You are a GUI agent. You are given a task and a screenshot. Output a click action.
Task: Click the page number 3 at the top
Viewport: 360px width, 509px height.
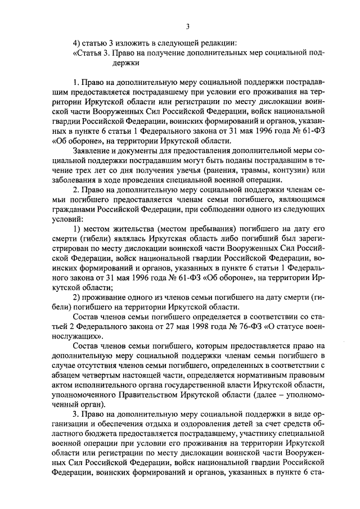pyautogui.click(x=188, y=25)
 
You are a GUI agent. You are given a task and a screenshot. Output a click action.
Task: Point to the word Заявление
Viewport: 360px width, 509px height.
pyautogui.click(x=93, y=151)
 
